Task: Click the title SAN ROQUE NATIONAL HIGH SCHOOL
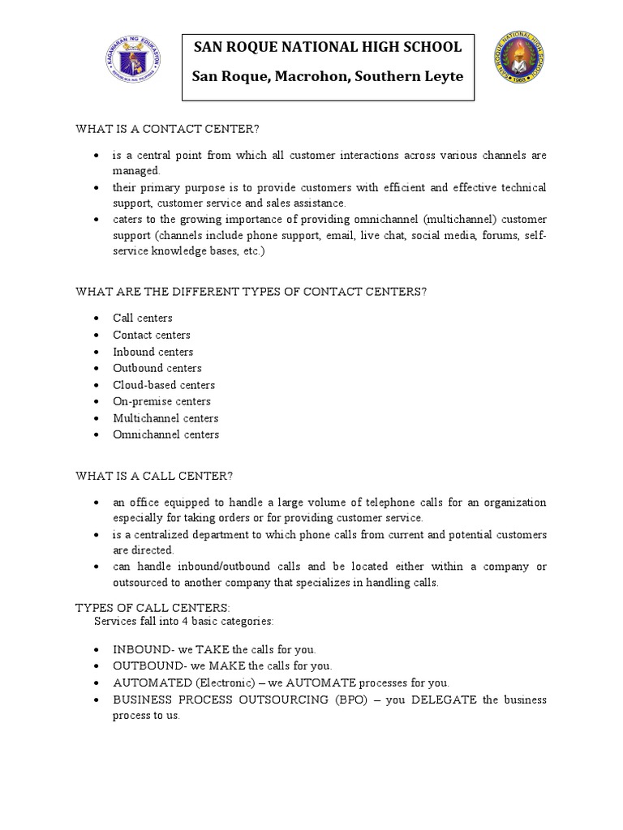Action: pos(327,48)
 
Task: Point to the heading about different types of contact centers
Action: pos(251,292)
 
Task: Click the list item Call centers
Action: pos(143,319)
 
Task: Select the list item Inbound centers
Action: pos(153,352)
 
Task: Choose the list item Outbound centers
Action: pos(157,368)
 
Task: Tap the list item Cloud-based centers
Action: pos(164,385)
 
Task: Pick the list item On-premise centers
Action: pos(161,401)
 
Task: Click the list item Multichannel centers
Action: pos(165,418)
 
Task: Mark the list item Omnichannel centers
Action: pos(165,434)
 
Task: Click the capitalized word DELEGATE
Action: pos(445,700)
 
